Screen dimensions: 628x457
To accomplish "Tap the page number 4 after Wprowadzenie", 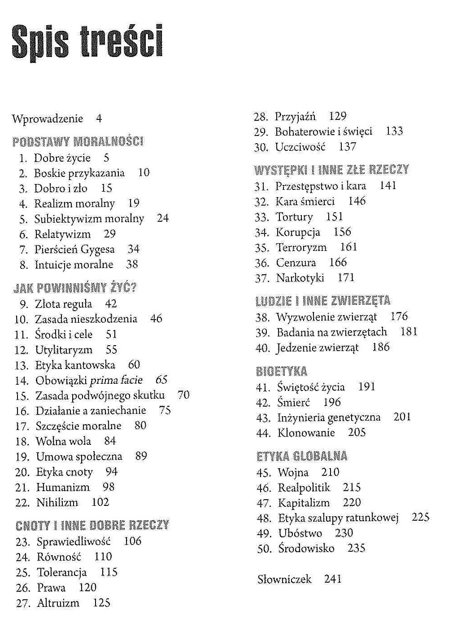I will coord(99,119).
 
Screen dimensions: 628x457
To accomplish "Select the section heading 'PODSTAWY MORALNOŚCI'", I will coord(78,142).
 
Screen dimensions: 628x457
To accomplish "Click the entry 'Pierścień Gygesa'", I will coord(74,249).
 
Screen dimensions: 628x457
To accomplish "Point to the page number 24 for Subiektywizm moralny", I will coord(163,218).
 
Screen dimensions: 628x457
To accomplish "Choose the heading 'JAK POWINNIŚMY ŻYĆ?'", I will coord(75,288).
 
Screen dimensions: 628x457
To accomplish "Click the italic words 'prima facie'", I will coord(116,380).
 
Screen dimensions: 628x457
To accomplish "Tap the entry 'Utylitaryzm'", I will coord(64,350).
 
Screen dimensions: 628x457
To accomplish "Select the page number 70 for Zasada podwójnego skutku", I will coord(183,395).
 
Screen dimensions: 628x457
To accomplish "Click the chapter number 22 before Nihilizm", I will coord(22,502).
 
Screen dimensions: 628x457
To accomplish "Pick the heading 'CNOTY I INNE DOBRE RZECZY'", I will coord(92,525).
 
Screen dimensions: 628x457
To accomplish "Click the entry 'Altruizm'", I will coord(58,603).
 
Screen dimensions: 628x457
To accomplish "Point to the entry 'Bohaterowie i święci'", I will coord(323,132).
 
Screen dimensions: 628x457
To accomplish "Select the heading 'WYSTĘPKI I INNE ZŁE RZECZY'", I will coord(331,170).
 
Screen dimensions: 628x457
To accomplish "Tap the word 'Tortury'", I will coord(294,217).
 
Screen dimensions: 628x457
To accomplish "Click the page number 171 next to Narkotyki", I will coord(346,278).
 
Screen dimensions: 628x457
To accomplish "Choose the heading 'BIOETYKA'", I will coord(282,371).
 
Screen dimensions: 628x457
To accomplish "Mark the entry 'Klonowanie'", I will coord(306,433).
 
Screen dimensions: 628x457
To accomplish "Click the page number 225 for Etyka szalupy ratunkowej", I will coord(420,517).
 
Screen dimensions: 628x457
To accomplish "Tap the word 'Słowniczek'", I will coord(284,579).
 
